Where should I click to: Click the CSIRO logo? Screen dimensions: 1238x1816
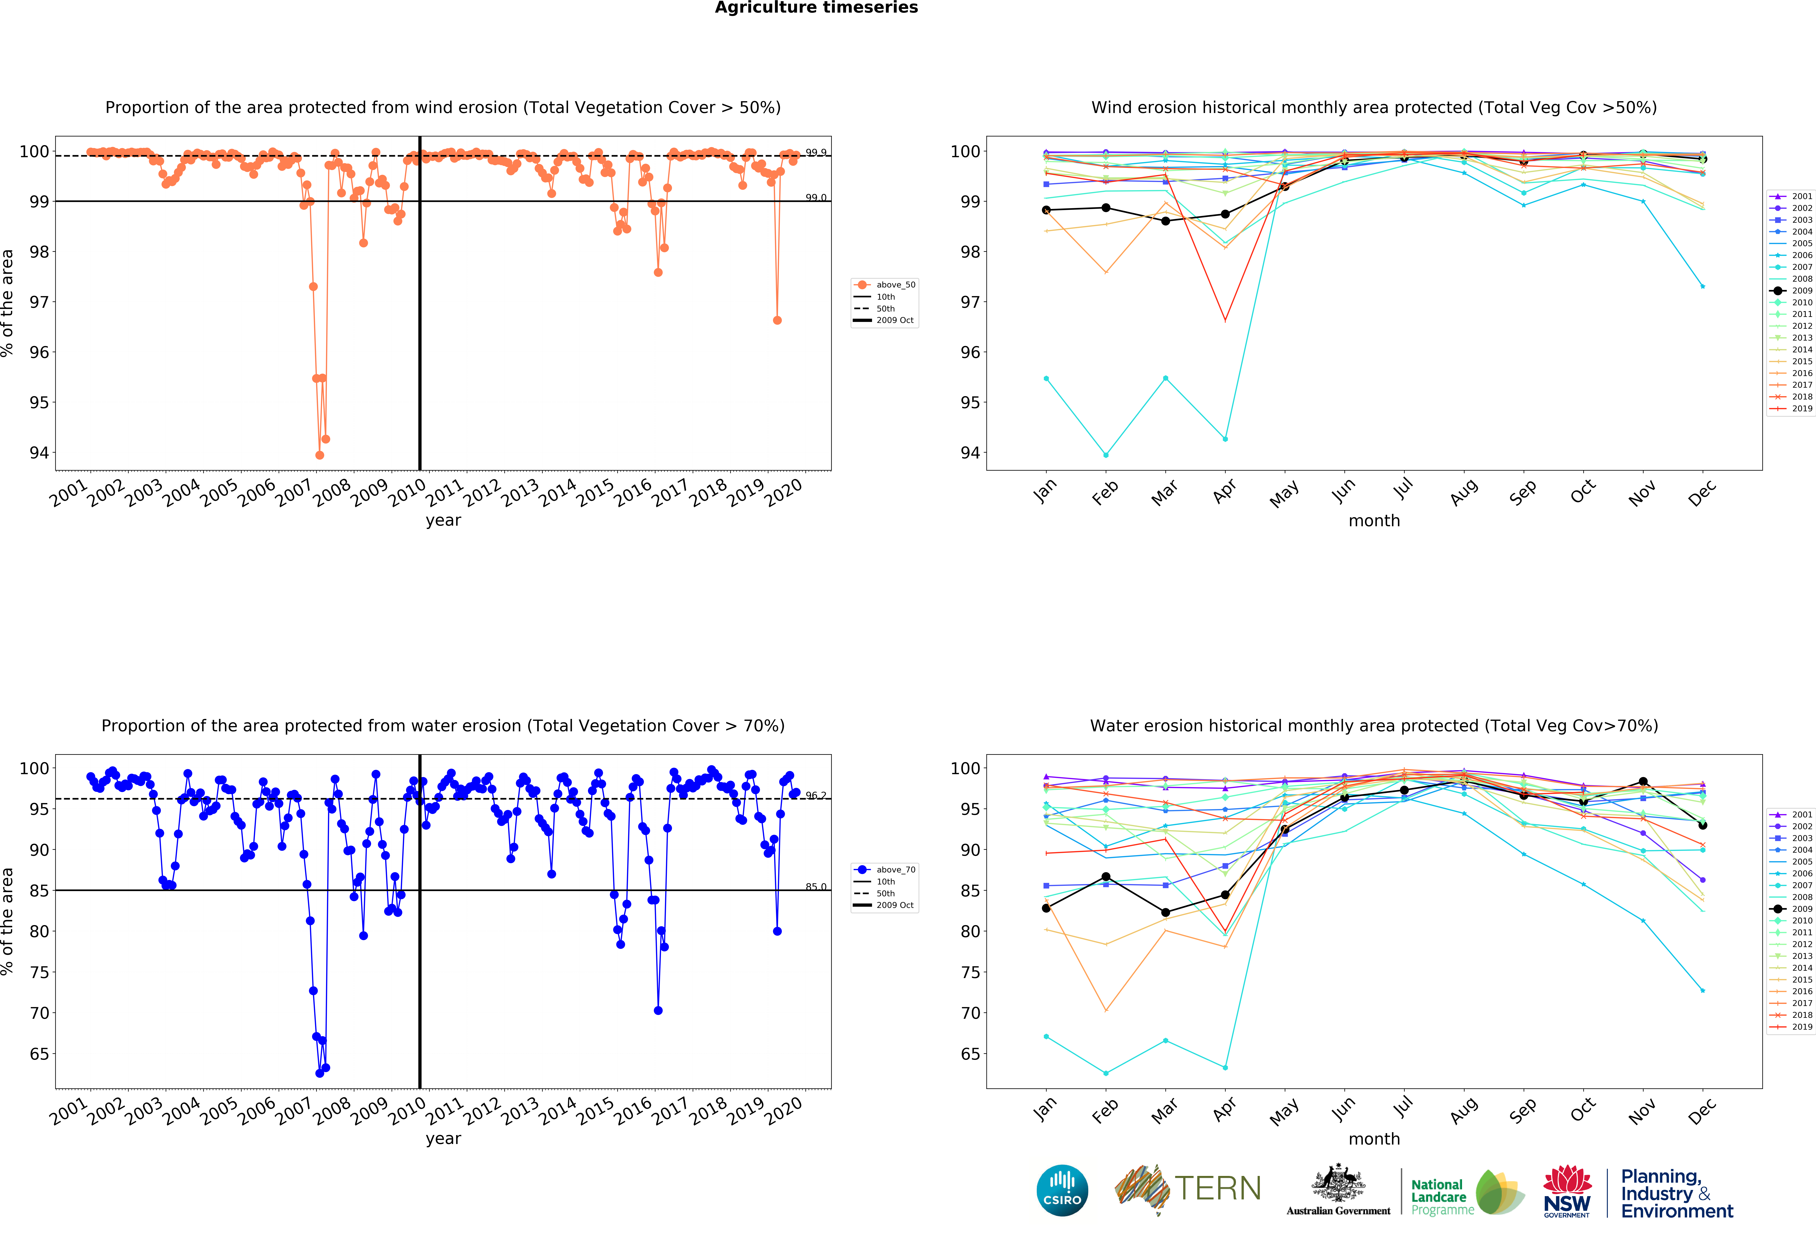coord(1062,1190)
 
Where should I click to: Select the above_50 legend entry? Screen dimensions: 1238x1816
coord(885,285)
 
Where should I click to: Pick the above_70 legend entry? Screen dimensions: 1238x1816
coord(885,869)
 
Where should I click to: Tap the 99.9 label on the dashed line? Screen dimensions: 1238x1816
coord(816,152)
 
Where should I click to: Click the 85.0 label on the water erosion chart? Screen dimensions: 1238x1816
coord(816,886)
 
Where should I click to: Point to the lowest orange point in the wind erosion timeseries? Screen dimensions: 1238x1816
coord(320,455)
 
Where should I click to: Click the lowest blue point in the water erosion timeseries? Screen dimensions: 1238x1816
coord(320,1073)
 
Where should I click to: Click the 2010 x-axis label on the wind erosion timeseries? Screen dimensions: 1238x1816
coord(407,492)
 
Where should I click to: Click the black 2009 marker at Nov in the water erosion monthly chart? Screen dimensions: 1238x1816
coord(1643,782)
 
